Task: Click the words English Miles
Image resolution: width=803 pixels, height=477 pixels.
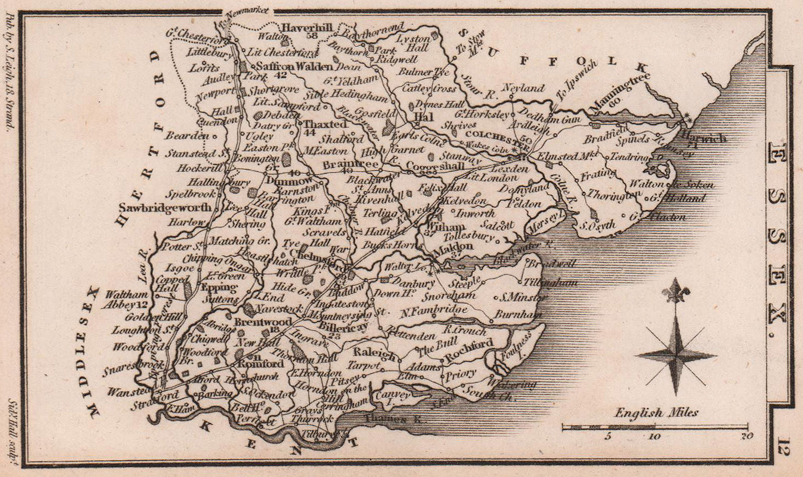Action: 656,413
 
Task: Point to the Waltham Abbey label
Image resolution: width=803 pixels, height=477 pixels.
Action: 132,299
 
